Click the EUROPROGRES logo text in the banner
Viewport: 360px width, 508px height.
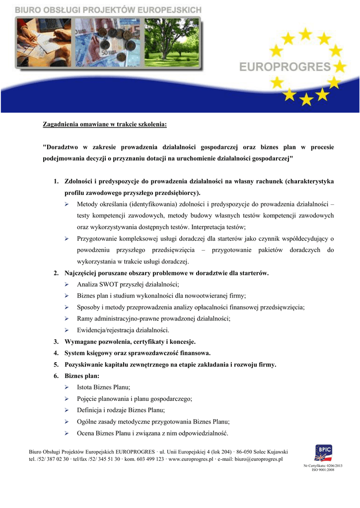(x=285, y=66)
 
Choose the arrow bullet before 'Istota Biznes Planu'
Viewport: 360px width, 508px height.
(x=67, y=387)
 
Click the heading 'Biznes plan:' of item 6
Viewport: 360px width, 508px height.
(x=82, y=376)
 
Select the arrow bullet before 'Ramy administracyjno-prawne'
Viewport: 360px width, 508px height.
(x=67, y=318)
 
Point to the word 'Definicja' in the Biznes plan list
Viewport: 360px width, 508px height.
(x=90, y=410)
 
